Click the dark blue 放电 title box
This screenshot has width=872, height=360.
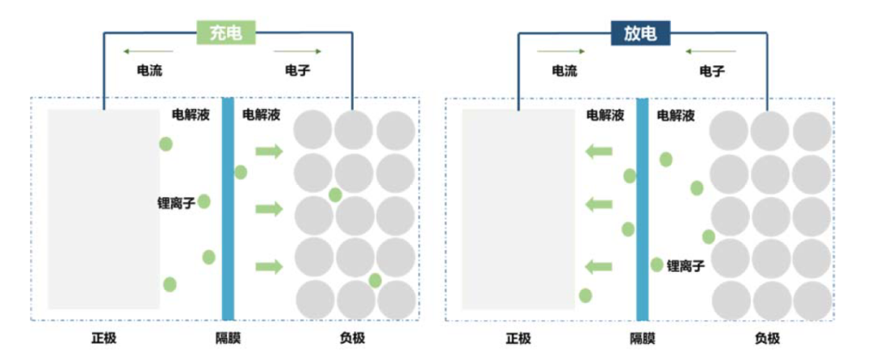[x=640, y=32]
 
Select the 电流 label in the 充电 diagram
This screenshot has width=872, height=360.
[x=149, y=70]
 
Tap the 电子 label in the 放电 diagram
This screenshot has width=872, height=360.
[x=711, y=71]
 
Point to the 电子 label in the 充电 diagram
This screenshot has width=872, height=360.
[x=297, y=70]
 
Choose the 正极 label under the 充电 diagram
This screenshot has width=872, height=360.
[x=103, y=337]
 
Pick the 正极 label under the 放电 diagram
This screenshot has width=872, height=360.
[x=518, y=337]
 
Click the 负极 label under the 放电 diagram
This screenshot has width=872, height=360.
[x=767, y=337]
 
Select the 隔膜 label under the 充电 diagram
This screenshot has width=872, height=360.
[x=228, y=337]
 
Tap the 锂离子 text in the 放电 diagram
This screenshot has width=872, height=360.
[x=685, y=265]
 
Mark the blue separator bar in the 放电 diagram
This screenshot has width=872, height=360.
[x=642, y=210]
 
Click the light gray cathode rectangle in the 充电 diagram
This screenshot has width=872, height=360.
[x=103, y=208]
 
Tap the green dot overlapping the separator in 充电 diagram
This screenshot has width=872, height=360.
[x=241, y=172]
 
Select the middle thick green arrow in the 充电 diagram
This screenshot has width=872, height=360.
[x=269, y=209]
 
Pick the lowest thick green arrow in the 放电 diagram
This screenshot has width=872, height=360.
[x=598, y=266]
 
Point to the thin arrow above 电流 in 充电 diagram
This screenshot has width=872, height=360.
[x=148, y=52]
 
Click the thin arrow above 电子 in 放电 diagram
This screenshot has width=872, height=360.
[x=711, y=52]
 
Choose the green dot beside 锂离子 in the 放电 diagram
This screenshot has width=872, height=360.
[x=657, y=265]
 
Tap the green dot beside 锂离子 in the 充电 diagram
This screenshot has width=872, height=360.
[x=204, y=201]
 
